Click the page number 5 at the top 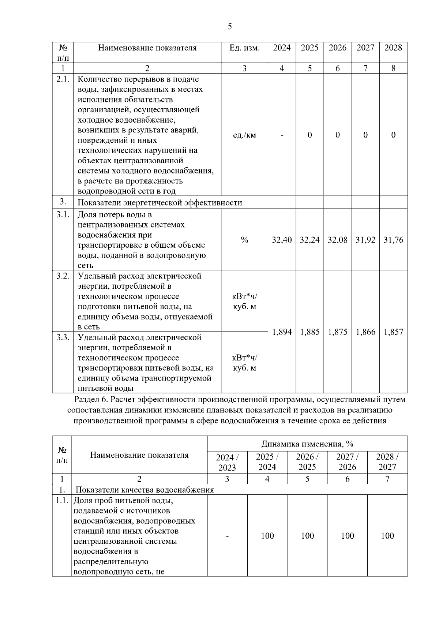coord(229,26)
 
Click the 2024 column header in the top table coord(282,48)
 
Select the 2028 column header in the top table coord(393,48)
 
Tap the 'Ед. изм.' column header coord(244,48)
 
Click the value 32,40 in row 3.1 coord(282,240)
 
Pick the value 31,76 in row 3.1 coord(393,240)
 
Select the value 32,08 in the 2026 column coord(337,240)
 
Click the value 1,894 coord(282,332)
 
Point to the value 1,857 coord(393,332)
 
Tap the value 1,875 coord(337,332)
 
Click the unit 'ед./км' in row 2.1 coord(244,135)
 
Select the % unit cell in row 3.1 coord(244,240)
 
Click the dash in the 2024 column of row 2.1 coord(282,135)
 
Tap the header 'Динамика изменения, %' coord(307,444)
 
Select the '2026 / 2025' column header coord(307,462)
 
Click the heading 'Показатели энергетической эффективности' coord(160,203)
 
